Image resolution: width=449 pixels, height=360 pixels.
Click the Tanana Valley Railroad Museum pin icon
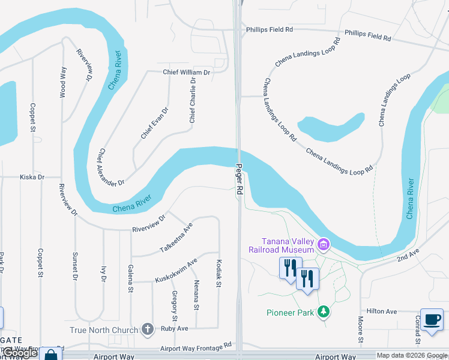pos(324,244)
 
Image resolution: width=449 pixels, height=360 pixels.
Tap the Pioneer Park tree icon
pos(324,311)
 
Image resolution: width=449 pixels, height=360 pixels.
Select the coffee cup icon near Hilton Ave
pos(432,319)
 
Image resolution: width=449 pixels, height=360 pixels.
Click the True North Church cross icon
pos(148,329)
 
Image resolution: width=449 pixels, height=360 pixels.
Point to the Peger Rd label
pos(240,179)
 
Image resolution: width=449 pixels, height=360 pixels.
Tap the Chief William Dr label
pos(187,72)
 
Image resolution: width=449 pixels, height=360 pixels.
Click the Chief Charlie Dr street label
pos(193,100)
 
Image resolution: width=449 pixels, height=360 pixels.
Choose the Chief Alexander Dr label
pos(112,167)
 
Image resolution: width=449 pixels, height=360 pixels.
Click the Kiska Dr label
pos(32,177)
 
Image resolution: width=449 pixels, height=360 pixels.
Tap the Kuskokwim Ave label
pos(176,271)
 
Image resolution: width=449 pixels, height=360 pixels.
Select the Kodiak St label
pos(219,272)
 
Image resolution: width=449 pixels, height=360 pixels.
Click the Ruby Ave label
pos(175,328)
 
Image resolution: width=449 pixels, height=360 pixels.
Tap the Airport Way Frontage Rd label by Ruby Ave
pos(196,347)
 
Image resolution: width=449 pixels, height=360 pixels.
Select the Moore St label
pos(361,332)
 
